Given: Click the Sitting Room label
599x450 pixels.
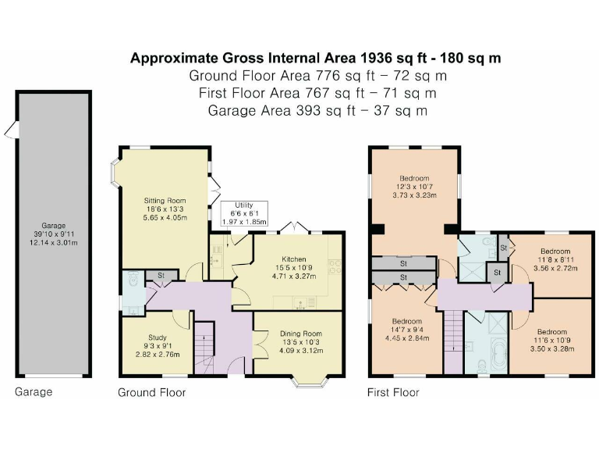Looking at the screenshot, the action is coord(165,201).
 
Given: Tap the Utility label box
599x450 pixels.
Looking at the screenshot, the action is coord(244,213).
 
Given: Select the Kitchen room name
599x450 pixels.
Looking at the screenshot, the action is coord(294,259).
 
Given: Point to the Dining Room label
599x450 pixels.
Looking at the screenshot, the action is coord(301,334).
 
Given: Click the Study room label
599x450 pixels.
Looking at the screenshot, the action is coord(158,337).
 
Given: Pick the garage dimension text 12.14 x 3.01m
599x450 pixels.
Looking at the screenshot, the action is coord(54,243).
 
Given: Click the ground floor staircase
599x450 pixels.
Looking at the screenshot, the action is coord(204,348).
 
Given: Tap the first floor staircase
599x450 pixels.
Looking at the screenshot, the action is coord(453,341).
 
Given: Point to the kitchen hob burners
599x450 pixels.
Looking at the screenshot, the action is coord(335,266).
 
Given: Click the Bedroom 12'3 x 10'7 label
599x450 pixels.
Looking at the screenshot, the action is coord(414,178).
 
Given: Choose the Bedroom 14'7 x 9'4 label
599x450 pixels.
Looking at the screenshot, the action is coord(407,321).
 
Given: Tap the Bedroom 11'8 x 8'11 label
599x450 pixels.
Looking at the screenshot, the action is coord(555,252).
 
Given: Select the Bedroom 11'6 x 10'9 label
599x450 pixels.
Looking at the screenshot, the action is coord(552,332).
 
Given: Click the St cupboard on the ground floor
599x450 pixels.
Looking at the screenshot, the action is coord(161,275).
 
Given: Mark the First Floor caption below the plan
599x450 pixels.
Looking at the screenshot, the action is coord(393,392).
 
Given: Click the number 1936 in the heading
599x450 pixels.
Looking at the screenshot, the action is coord(376,58).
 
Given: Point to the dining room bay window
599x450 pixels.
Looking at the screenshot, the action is coord(310,382).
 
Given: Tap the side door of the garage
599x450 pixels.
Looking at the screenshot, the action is coord(12,130).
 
